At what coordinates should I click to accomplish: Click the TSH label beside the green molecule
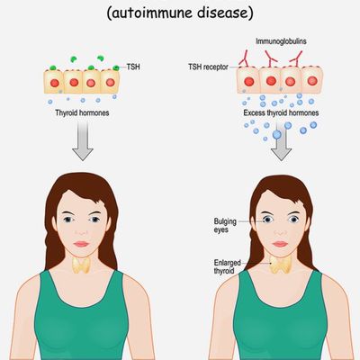point(133,67)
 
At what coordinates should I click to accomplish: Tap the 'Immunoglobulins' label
point(281,41)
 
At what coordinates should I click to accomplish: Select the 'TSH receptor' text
point(208,67)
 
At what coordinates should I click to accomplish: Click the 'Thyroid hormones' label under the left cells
point(82,112)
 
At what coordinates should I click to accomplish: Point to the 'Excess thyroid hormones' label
point(281,112)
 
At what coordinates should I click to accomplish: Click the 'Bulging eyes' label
point(225,226)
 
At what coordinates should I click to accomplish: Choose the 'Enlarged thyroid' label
point(227,266)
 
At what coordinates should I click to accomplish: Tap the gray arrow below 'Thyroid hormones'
point(83,141)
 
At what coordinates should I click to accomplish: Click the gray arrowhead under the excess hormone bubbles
point(281,154)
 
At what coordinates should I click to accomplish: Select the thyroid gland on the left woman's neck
point(82,265)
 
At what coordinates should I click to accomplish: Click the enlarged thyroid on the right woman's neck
point(281,264)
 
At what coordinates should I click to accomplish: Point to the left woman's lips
point(81,244)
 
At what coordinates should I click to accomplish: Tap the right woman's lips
point(280,244)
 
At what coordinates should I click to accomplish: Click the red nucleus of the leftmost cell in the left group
point(54,83)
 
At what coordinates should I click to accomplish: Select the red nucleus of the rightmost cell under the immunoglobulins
point(312,80)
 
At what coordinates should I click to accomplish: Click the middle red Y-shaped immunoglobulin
point(270,58)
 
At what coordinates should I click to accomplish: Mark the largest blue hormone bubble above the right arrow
point(277,135)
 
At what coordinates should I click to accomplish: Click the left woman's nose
point(81,231)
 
